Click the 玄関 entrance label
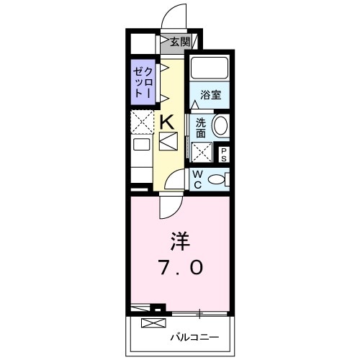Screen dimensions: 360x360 pyautogui.click(x=179, y=42)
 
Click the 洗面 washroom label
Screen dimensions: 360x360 pyautogui.click(x=200, y=127)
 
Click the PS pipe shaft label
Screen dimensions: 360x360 pyautogui.click(x=224, y=153)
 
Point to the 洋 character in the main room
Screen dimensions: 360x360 pyautogui.click(x=179, y=238)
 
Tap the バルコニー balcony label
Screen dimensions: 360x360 pyautogui.click(x=194, y=336)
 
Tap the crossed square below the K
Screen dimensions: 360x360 pyautogui.click(x=167, y=141)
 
